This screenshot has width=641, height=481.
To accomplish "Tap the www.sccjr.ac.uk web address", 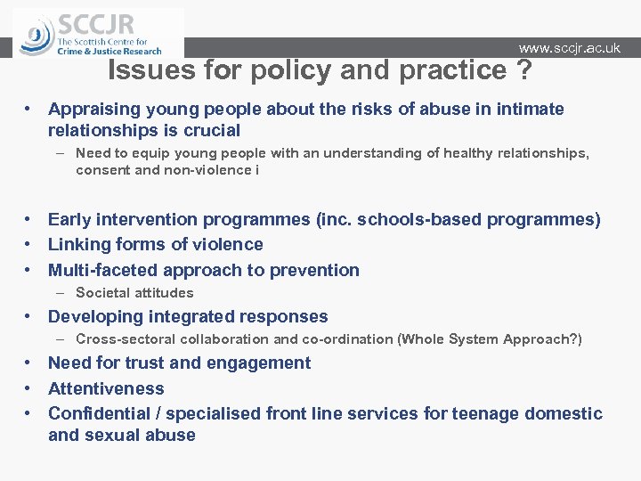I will (x=569, y=48).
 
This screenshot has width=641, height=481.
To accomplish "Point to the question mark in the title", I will (x=522, y=70).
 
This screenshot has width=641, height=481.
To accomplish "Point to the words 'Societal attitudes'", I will (x=134, y=293).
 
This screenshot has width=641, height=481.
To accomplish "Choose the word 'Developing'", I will (x=95, y=317).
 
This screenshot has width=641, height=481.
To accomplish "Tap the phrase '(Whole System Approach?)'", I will (x=490, y=339).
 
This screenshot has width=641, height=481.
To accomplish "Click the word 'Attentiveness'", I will (x=106, y=389).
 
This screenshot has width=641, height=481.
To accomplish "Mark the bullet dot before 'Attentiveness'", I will (x=29, y=389).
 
